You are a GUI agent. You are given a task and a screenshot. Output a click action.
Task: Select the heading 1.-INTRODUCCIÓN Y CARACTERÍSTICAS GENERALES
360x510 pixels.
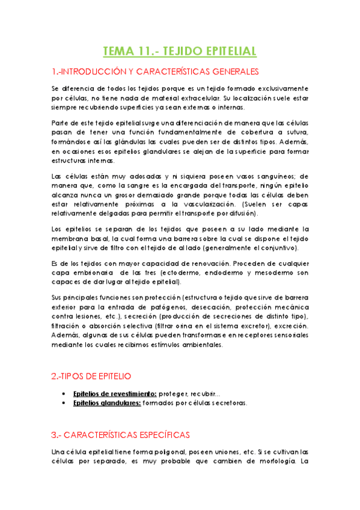[155, 72]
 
